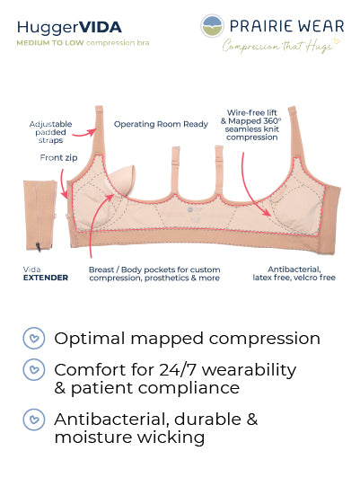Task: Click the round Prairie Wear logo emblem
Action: pos(213,26)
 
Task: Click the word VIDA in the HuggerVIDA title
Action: pos(101,28)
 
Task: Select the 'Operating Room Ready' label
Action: pos(161,124)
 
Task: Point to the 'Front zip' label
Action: pos(58,157)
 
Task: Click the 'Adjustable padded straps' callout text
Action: pos(50,132)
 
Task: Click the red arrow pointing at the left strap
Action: pos(83,134)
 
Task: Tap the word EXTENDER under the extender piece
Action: pos(46,278)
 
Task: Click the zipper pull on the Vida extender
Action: pos(39,246)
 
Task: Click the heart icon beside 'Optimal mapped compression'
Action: pos(34,338)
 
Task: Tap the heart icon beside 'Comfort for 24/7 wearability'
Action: pos(34,369)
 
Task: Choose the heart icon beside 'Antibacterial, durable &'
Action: pos(34,420)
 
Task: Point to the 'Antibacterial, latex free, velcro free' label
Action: pos(294,273)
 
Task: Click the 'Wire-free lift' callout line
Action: pos(251,112)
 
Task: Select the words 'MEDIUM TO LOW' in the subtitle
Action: pos(50,43)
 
